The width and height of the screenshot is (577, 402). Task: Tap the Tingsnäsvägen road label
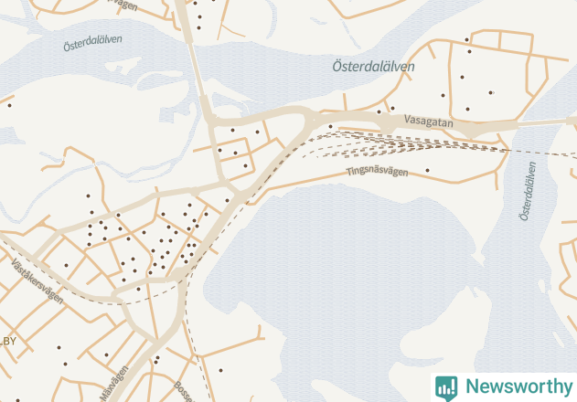pyautogui.click(x=378, y=172)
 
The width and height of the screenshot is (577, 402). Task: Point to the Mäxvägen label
pyautogui.click(x=110, y=385)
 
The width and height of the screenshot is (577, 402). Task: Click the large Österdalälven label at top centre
pyautogui.click(x=373, y=67)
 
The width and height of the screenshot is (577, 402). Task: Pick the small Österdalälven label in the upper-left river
pyautogui.click(x=93, y=44)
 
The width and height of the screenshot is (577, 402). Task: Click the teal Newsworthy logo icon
pyautogui.click(x=446, y=387)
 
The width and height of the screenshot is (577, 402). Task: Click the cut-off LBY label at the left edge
pyautogui.click(x=9, y=342)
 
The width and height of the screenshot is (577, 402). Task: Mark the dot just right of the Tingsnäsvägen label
pyautogui.click(x=427, y=170)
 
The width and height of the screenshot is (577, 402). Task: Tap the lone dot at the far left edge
pyautogui.click(x=9, y=105)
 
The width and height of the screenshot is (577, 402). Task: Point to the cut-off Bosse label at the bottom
pyautogui.click(x=185, y=391)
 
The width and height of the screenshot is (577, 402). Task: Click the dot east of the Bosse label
pyautogui.click(x=220, y=370)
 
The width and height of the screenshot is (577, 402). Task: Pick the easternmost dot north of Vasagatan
pyautogui.click(x=492, y=92)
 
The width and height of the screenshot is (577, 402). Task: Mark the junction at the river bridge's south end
pyautogui.click(x=212, y=117)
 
